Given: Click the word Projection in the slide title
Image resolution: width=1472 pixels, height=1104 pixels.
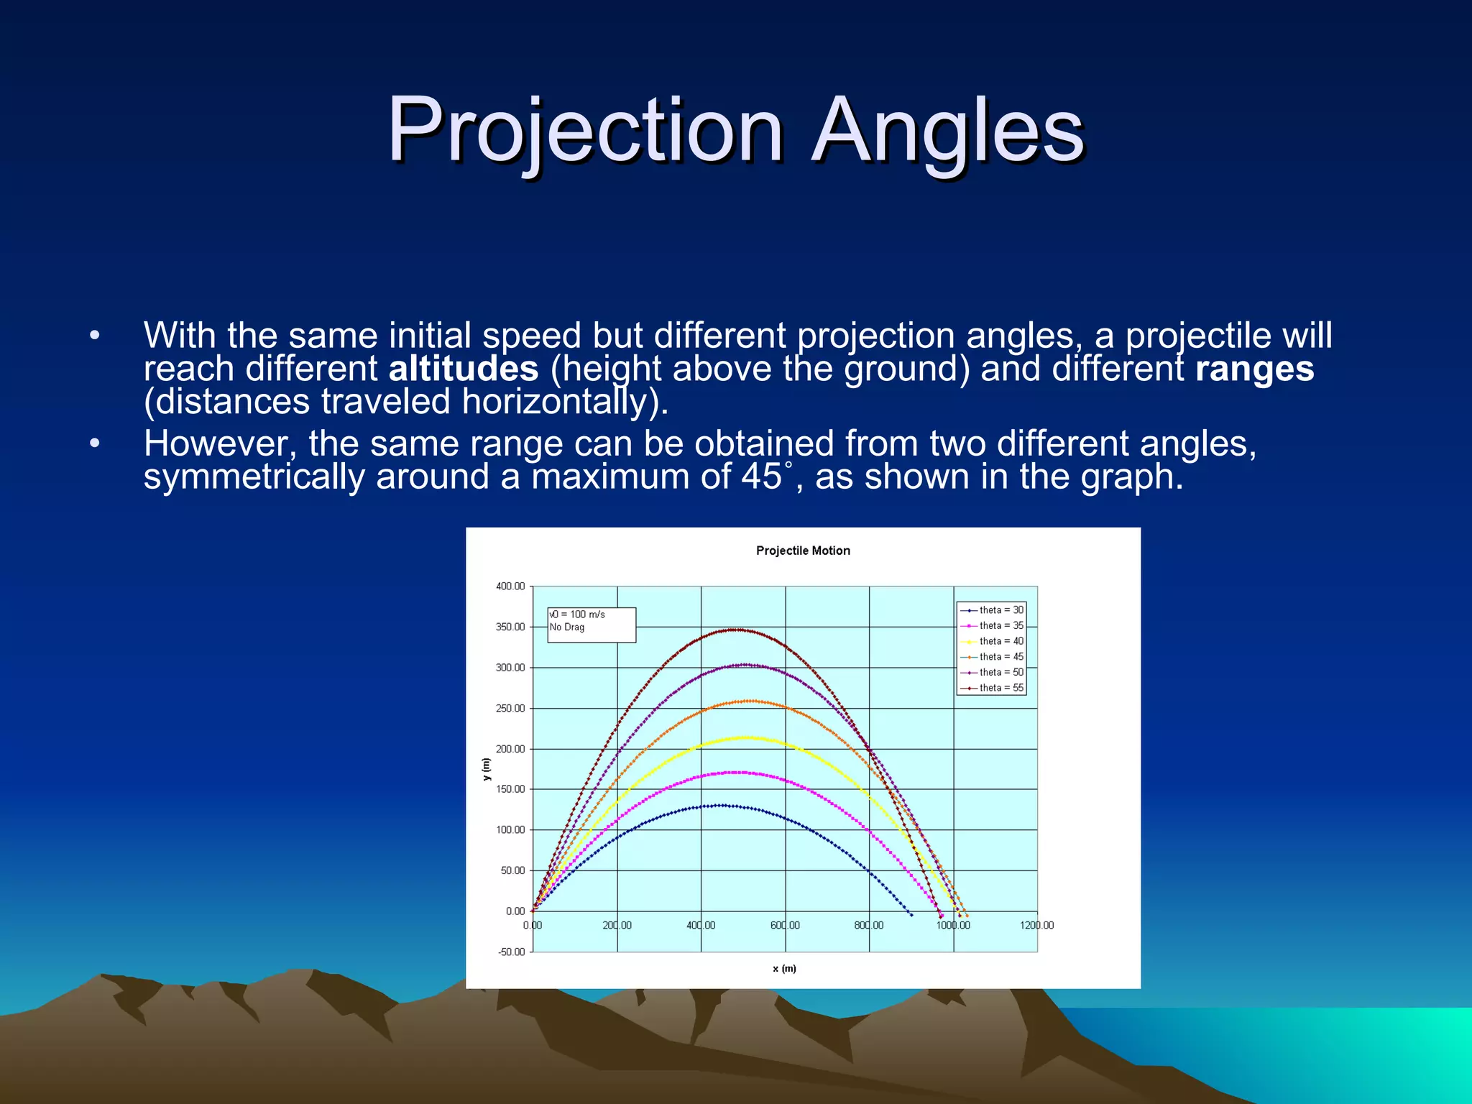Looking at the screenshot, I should tap(584, 132).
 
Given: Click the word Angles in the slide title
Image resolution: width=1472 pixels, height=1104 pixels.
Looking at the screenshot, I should tap(947, 132).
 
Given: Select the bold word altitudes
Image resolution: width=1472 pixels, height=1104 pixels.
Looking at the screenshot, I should tap(464, 369).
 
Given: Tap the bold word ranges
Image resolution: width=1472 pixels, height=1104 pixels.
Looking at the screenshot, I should tap(1254, 369).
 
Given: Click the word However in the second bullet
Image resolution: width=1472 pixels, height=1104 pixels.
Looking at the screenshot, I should tap(219, 443).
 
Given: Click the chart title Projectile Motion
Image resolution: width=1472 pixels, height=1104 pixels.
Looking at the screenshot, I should tap(803, 551).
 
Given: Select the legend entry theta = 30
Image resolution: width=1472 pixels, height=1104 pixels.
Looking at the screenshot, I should tap(1000, 610).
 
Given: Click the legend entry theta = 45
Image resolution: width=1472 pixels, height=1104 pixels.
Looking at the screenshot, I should tap(1000, 657).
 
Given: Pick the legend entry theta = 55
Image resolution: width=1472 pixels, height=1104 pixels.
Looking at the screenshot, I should tap(1000, 688).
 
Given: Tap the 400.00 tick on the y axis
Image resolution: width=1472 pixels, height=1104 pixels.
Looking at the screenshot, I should tap(510, 586).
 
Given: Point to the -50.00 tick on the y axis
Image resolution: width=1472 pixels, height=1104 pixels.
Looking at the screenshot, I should tap(511, 952).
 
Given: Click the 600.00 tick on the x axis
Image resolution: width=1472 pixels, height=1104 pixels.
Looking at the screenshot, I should tap(785, 926).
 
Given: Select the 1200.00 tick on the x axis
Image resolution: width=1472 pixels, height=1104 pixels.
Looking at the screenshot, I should tap(1036, 926).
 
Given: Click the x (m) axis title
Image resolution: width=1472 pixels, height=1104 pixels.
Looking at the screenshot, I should tap(784, 969).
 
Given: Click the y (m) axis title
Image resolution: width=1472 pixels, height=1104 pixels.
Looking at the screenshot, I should tap(487, 770).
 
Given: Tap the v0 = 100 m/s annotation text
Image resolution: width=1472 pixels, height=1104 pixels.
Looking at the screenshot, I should tap(577, 615).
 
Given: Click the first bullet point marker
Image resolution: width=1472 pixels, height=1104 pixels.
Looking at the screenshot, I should tap(95, 336).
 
